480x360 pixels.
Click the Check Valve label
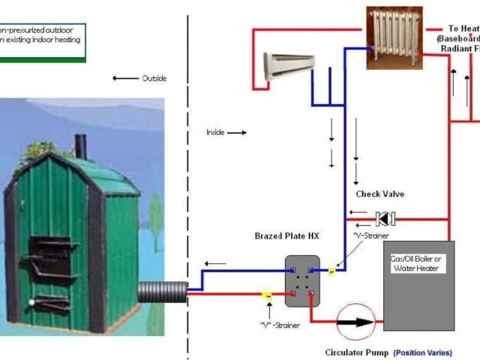tap(379, 194)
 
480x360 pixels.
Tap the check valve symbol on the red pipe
tap(385, 219)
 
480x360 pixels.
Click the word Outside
tap(154, 78)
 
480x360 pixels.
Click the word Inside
tap(215, 132)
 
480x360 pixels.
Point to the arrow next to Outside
tap(124, 78)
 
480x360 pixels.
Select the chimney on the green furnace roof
tap(80, 147)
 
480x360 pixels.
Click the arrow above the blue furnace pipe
tap(217, 263)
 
